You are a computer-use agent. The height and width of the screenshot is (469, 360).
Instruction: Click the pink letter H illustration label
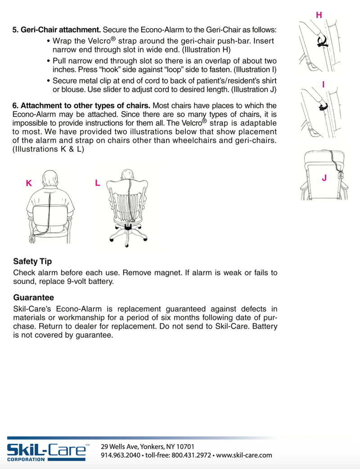coord(319,15)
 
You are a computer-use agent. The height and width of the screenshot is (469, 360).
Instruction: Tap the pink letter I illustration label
coord(323,85)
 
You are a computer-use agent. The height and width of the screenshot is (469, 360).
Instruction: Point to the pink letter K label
coord(29,183)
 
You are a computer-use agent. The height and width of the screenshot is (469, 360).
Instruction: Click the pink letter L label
coord(97,183)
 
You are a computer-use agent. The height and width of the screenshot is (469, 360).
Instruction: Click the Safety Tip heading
coord(32,261)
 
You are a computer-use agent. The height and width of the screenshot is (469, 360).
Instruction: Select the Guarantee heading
coord(34,298)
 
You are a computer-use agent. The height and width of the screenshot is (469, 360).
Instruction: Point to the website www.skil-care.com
coord(244,455)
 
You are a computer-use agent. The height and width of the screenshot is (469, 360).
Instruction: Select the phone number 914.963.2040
coord(120,455)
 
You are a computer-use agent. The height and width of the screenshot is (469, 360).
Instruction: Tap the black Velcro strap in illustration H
coord(323,42)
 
